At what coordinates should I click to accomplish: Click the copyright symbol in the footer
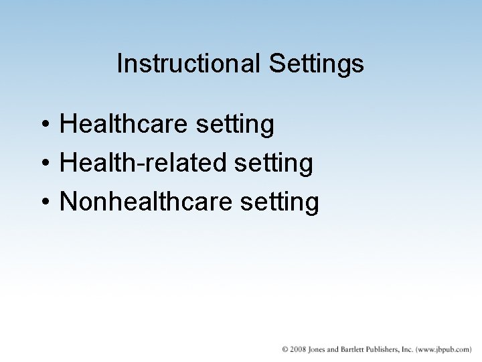coord(286,349)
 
